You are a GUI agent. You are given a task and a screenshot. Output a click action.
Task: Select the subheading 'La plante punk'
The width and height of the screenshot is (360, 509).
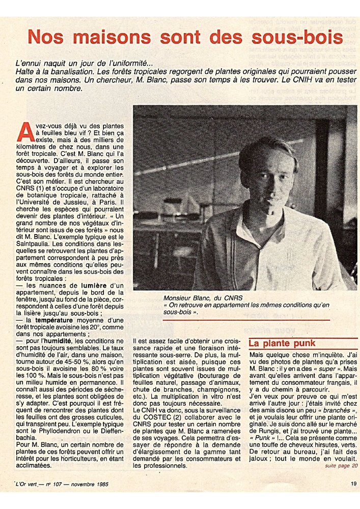point(282,343)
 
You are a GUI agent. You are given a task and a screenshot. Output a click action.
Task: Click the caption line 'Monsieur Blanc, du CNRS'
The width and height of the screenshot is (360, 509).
point(196,298)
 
